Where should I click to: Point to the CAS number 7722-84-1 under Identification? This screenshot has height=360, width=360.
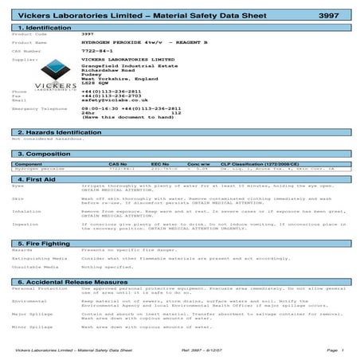pos(96,50)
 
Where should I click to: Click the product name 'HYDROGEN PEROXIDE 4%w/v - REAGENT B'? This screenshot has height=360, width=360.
pos(131,42)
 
